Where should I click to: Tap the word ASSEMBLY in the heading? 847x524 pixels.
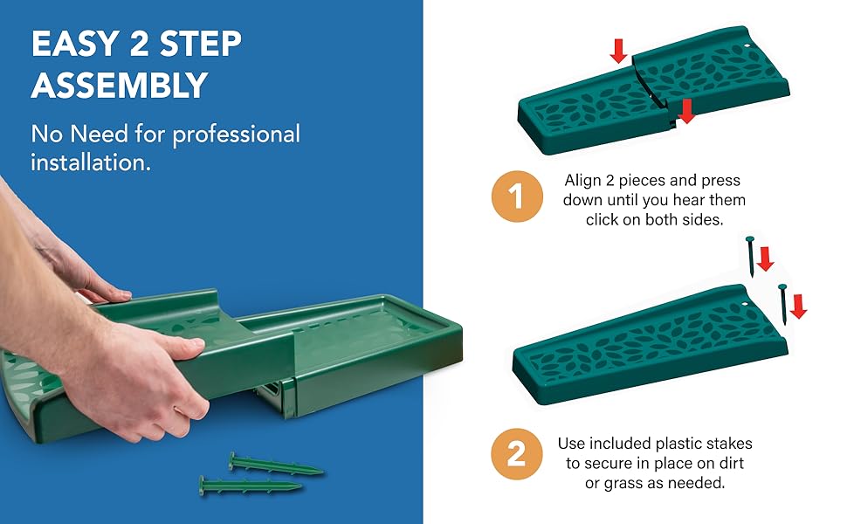(x=120, y=86)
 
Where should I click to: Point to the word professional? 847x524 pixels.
(x=236, y=134)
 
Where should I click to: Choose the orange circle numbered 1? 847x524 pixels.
(x=516, y=196)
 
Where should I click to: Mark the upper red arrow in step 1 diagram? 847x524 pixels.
(x=618, y=50)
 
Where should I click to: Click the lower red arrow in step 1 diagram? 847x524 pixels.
(x=686, y=111)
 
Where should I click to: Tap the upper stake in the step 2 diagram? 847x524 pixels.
(x=750, y=255)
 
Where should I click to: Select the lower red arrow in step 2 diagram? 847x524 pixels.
(x=798, y=306)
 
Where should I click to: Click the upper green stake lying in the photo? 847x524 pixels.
(x=275, y=464)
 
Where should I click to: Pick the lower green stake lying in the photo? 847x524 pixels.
(x=248, y=486)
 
